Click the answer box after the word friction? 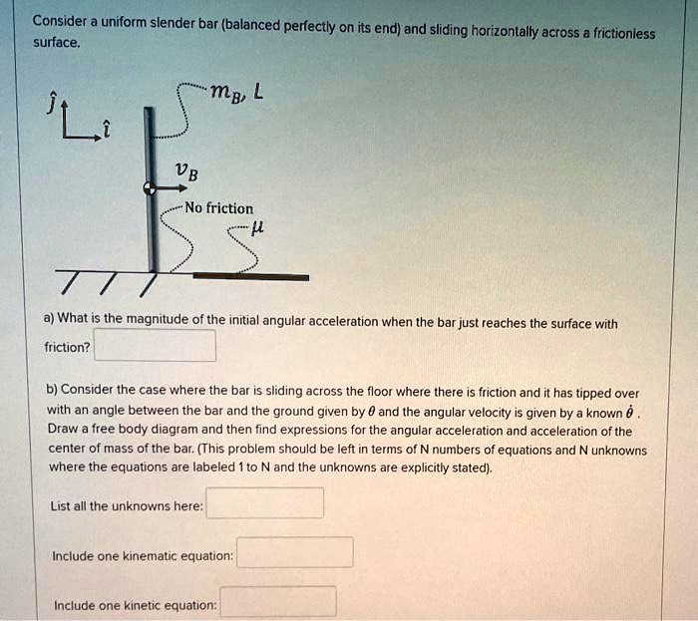(155, 346)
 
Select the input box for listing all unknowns (264, 503)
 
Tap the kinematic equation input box (294, 552)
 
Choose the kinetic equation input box (278, 602)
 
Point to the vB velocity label (185, 172)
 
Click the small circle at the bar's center (149, 186)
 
